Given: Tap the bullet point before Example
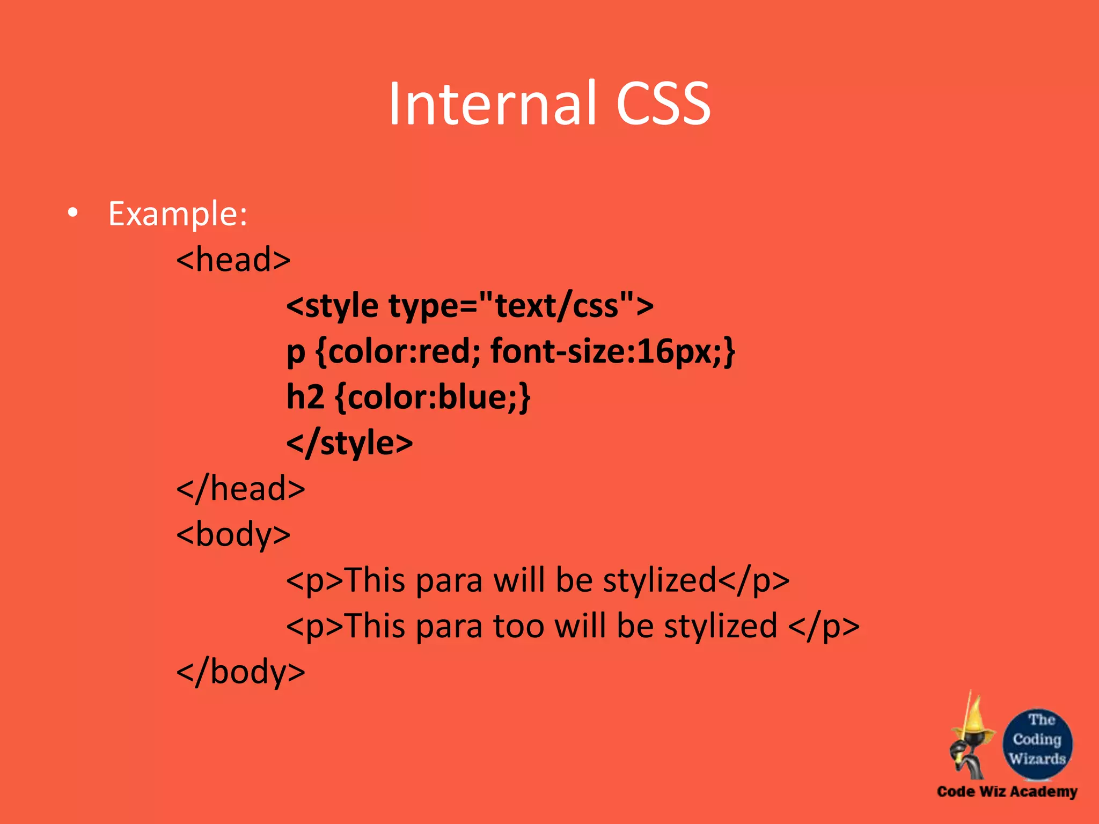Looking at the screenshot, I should (73, 213).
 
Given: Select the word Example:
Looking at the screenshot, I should (178, 214).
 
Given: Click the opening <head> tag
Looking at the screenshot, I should (233, 260).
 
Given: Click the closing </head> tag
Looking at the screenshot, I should (240, 489).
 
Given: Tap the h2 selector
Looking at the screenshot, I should (305, 397).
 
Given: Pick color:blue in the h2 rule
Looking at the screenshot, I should (432, 397).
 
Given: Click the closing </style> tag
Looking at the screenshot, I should (349, 443).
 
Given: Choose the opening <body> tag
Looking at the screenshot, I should (233, 535).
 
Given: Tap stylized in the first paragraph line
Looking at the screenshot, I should (660, 580).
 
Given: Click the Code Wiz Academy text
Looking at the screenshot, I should (1007, 791).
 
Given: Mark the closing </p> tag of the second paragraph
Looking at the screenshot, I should (824, 626).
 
